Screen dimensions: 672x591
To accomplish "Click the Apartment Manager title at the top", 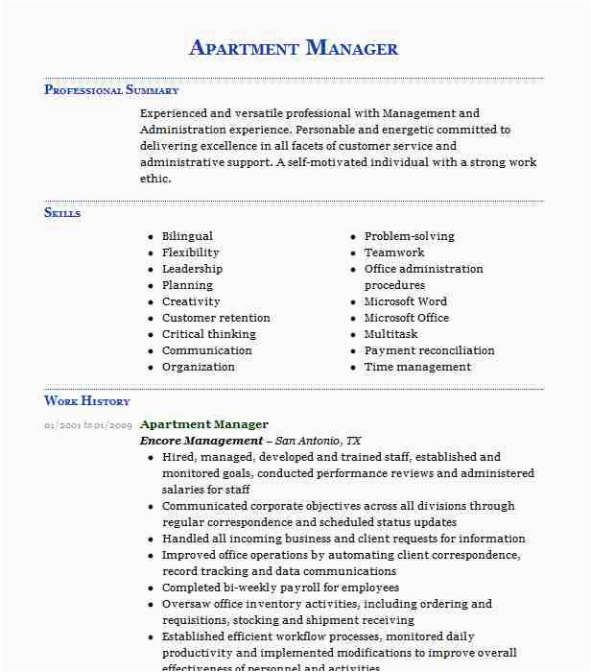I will click(x=294, y=48).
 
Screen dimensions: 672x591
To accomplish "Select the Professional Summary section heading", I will click(x=111, y=90).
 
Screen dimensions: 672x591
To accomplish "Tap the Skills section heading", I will click(x=62, y=212).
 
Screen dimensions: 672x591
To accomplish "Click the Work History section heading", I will click(x=86, y=400).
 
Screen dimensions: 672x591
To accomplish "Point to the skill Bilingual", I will click(x=187, y=236).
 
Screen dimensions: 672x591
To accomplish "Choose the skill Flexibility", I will click(x=190, y=252).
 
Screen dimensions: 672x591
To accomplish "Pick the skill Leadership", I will click(x=192, y=269).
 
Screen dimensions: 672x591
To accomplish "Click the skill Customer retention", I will click(x=216, y=318).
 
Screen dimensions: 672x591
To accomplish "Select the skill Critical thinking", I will click(x=209, y=334).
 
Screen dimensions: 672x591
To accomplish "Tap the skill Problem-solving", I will click(x=409, y=236).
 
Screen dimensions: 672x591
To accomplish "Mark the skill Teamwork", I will click(x=394, y=252).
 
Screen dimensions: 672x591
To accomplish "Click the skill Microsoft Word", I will click(x=405, y=301).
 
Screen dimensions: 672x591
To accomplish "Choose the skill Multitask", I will click(x=390, y=334).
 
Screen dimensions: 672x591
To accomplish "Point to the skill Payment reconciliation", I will click(x=429, y=350).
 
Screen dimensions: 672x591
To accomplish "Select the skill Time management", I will click(x=417, y=367).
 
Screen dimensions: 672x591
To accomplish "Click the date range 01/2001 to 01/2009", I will click(x=87, y=424).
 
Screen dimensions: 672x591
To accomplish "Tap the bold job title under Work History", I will click(x=204, y=424).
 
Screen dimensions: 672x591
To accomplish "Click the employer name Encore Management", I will click(x=201, y=441).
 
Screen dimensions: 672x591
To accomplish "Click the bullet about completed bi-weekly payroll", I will click(x=280, y=588).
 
